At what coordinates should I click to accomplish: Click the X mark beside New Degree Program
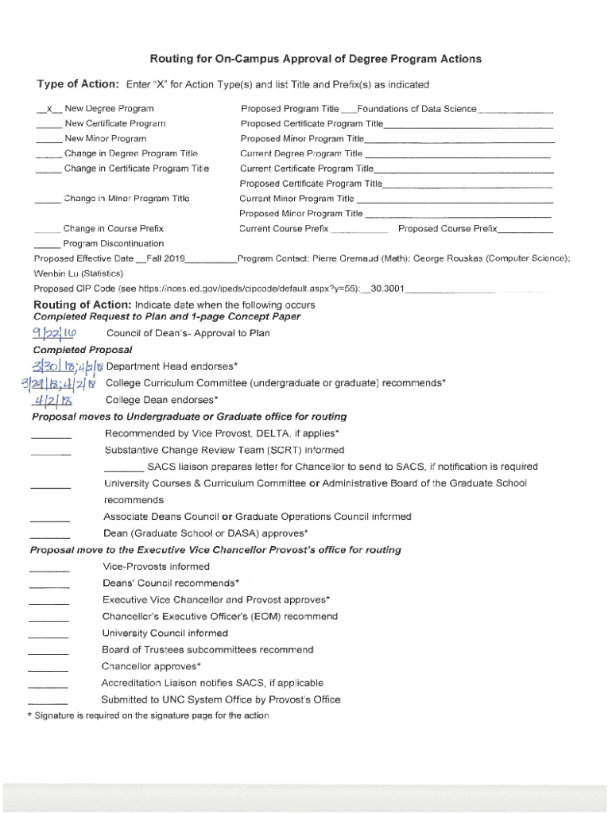point(49,109)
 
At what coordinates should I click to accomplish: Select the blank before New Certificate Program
point(48,124)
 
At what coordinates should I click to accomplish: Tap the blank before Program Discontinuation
point(47,244)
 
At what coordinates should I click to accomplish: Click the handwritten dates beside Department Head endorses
point(68,366)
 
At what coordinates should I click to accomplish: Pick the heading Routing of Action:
point(83,305)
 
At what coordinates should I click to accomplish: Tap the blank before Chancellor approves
point(48,668)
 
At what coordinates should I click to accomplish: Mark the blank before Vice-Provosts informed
point(48,568)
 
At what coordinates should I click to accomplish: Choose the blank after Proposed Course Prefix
point(525,230)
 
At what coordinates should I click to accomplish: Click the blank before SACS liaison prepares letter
point(124,468)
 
